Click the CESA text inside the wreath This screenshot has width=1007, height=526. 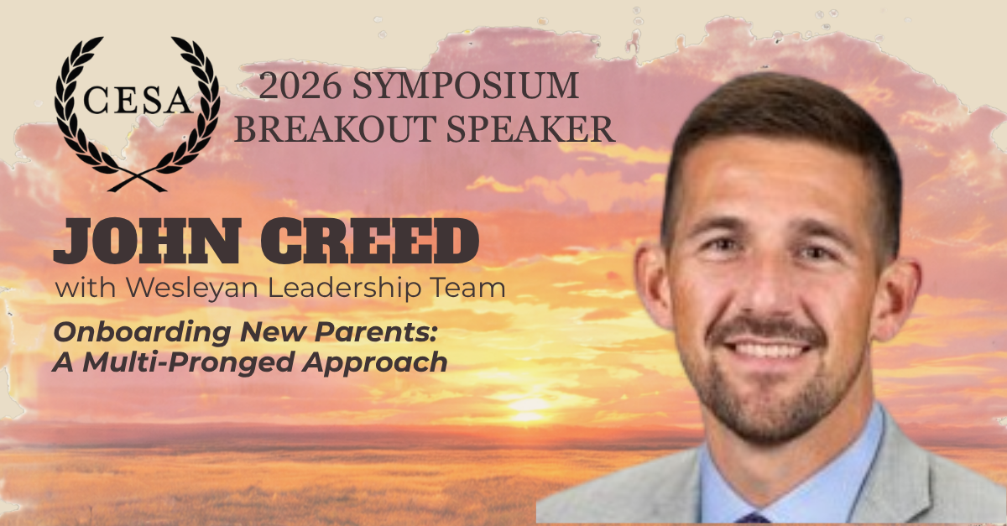(138, 100)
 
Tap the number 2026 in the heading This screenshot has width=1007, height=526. (300, 86)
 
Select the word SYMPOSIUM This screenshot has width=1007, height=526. (465, 86)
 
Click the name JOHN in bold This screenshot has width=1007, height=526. (148, 241)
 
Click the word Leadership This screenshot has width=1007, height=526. (345, 289)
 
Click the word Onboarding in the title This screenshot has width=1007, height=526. (142, 333)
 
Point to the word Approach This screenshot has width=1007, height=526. (375, 362)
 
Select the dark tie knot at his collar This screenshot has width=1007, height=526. (753, 518)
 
